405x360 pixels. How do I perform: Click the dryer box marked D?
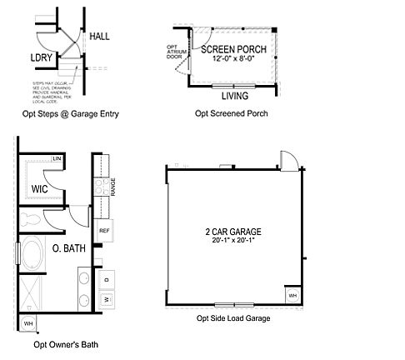[x=107, y=278]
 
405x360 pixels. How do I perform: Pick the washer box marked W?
[x=107, y=298]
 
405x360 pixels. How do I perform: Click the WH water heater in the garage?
[x=292, y=295]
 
